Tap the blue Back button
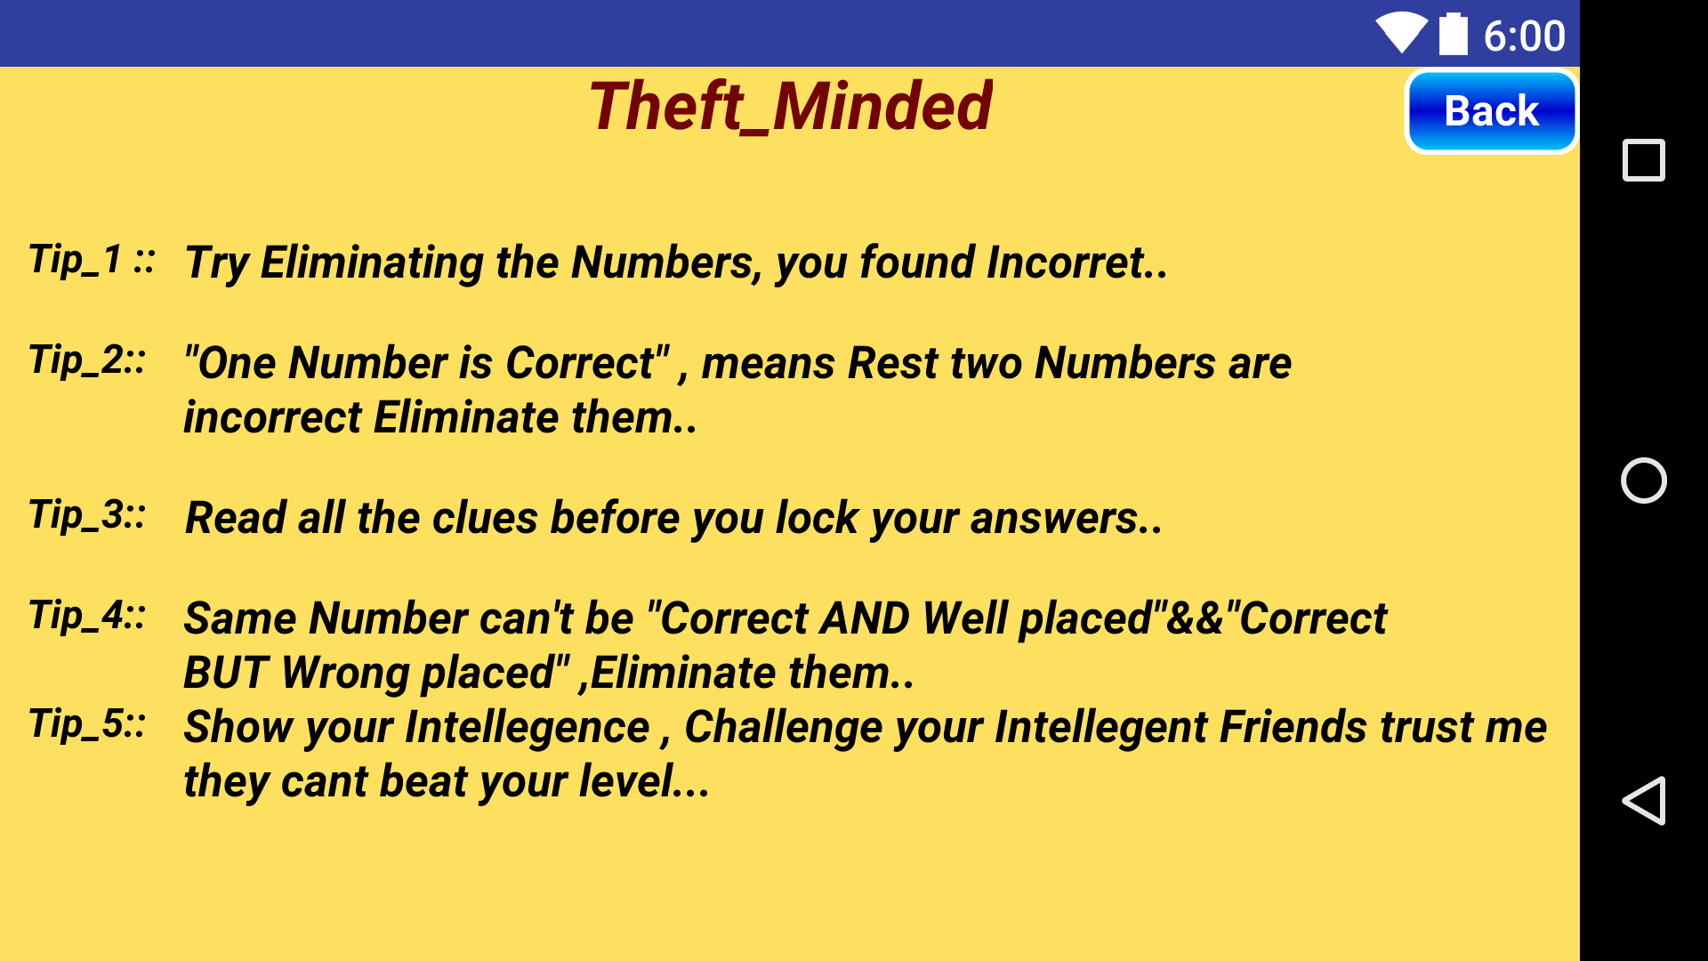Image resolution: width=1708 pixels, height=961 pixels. click(1491, 111)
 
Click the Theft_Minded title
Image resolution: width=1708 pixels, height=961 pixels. click(790, 107)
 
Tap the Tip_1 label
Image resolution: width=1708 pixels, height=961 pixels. click(92, 260)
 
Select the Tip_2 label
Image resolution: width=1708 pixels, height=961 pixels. click(87, 360)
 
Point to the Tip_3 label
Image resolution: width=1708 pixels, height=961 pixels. click(87, 514)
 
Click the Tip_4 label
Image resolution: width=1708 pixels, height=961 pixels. click(87, 615)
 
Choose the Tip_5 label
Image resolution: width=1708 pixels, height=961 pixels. click(87, 723)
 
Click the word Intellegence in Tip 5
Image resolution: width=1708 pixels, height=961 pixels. click(528, 728)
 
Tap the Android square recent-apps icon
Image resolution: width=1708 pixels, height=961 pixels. click(1643, 161)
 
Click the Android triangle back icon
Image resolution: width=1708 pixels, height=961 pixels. click(1643, 800)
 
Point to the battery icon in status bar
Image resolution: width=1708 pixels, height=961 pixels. click(1454, 35)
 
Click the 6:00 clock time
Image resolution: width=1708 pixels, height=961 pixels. click(1524, 36)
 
